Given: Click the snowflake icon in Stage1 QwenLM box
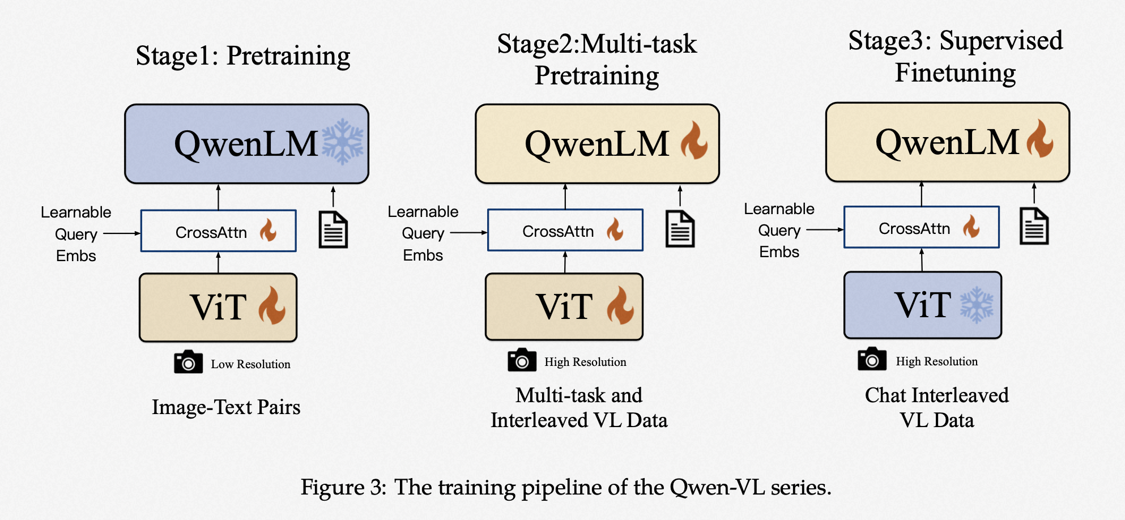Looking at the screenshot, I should point(343,142).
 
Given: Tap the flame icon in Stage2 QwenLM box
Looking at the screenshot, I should point(694,142).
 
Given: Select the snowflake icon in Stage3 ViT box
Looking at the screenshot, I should point(977,305).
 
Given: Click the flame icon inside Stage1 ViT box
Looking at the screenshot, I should point(272,306).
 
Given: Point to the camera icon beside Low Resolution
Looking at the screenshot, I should point(188,362).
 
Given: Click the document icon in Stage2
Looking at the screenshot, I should point(680,229).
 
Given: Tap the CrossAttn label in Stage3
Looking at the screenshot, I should point(914,228).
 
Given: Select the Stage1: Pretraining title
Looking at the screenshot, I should point(243,56).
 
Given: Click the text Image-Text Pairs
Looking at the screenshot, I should point(226,407).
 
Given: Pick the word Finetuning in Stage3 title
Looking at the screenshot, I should point(955,73).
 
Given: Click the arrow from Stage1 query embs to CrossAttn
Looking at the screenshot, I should point(122,233).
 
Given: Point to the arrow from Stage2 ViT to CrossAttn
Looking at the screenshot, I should point(565,262).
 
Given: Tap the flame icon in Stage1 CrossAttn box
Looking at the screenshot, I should point(268,231).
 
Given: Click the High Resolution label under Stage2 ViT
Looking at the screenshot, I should point(585,362).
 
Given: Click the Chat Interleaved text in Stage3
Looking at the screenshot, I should point(936,395).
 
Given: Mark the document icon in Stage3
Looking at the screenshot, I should point(1034,226).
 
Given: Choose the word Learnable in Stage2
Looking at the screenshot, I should point(423,211).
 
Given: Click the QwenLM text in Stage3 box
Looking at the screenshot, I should point(947,142).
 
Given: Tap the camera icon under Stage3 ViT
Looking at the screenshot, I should point(872,359).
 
